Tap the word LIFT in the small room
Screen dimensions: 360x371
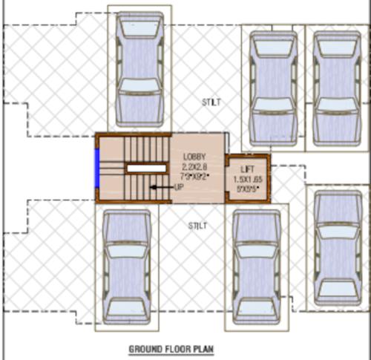[x=247, y=170]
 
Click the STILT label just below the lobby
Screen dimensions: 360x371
[x=197, y=225]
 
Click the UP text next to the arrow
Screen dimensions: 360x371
[x=179, y=187]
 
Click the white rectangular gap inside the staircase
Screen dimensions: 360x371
[x=145, y=168]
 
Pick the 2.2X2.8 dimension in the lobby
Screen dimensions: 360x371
[x=194, y=167]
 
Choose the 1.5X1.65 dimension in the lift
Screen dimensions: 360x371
[x=248, y=180]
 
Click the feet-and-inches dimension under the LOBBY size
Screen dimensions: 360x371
[x=194, y=177]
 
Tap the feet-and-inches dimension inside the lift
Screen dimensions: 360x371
[x=247, y=189]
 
